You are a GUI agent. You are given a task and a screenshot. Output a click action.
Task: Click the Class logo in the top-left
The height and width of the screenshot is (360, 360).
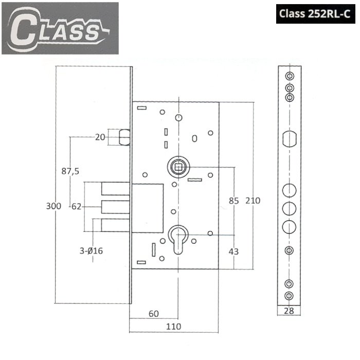[60, 28]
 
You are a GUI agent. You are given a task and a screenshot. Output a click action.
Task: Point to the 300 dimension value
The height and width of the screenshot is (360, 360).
[53, 206]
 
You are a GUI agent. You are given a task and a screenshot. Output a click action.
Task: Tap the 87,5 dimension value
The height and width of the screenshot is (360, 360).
[70, 172]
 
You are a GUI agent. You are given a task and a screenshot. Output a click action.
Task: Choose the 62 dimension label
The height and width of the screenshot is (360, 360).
[77, 206]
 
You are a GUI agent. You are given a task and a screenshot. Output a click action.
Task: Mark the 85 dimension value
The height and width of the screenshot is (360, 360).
[233, 201]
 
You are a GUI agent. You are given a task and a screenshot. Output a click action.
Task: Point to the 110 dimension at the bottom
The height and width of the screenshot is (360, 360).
[173, 327]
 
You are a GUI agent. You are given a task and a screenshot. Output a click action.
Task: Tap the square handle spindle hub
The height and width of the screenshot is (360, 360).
[178, 166]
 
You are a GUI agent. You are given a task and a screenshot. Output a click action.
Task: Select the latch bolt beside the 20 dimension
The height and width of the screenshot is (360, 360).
[124, 138]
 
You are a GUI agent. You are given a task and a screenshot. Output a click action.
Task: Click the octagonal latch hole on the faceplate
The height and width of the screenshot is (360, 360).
[289, 138]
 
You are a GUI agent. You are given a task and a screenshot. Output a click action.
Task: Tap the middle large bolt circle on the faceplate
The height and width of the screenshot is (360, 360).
[289, 208]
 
